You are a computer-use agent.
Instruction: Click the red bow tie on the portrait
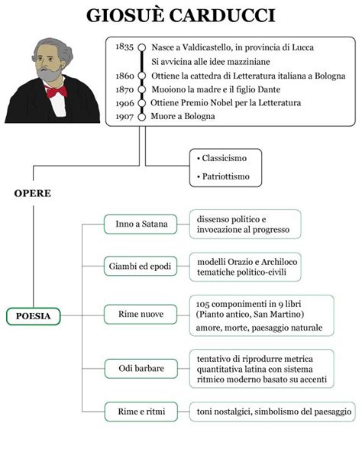(x=57, y=92)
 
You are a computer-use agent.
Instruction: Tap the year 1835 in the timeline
(x=124, y=47)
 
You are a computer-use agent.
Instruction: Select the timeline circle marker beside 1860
(x=142, y=76)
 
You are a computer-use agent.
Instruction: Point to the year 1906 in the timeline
(x=124, y=103)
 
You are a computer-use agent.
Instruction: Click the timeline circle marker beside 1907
(x=142, y=117)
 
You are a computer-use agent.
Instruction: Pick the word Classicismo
(x=225, y=158)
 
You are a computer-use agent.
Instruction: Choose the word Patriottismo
(x=226, y=176)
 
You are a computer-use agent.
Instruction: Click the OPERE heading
(x=32, y=193)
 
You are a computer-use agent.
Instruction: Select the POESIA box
(x=34, y=316)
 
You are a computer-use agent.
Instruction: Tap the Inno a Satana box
(x=141, y=225)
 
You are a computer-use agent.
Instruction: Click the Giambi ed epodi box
(x=141, y=267)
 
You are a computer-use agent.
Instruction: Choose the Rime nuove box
(x=141, y=315)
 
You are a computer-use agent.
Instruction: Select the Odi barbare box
(x=141, y=369)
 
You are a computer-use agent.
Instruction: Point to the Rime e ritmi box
(x=141, y=412)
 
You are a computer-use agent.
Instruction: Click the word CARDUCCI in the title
(x=222, y=15)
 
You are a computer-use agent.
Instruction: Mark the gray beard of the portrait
(x=49, y=74)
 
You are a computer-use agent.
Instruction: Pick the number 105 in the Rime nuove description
(x=202, y=304)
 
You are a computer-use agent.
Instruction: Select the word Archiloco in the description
(x=280, y=262)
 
